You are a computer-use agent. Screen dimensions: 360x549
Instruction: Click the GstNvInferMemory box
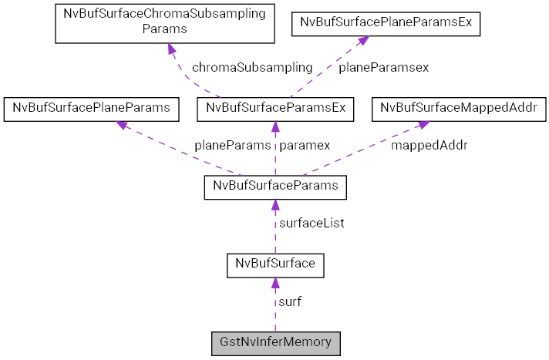(x=275, y=342)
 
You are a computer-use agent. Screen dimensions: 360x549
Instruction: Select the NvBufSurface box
(x=275, y=264)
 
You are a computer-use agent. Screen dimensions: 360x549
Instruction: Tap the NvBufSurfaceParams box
(x=275, y=187)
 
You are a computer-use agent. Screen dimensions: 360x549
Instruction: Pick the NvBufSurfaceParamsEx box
(x=275, y=109)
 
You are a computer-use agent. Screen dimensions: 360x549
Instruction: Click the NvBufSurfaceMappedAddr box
(x=454, y=109)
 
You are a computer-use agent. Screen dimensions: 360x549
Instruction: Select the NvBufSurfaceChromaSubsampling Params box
(x=165, y=22)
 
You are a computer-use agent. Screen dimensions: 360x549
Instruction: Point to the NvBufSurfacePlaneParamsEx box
(x=386, y=24)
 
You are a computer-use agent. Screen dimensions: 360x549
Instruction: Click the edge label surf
(x=290, y=301)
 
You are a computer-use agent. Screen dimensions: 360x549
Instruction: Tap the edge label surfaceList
(x=312, y=224)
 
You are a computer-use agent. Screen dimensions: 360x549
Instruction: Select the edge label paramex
(x=305, y=145)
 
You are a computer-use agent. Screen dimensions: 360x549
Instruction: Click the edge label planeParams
(x=232, y=145)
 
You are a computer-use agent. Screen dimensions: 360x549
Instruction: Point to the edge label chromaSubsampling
(x=252, y=67)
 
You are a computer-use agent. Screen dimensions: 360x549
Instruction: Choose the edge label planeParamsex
(x=384, y=67)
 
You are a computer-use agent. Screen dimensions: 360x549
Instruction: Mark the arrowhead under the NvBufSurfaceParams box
(x=275, y=206)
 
